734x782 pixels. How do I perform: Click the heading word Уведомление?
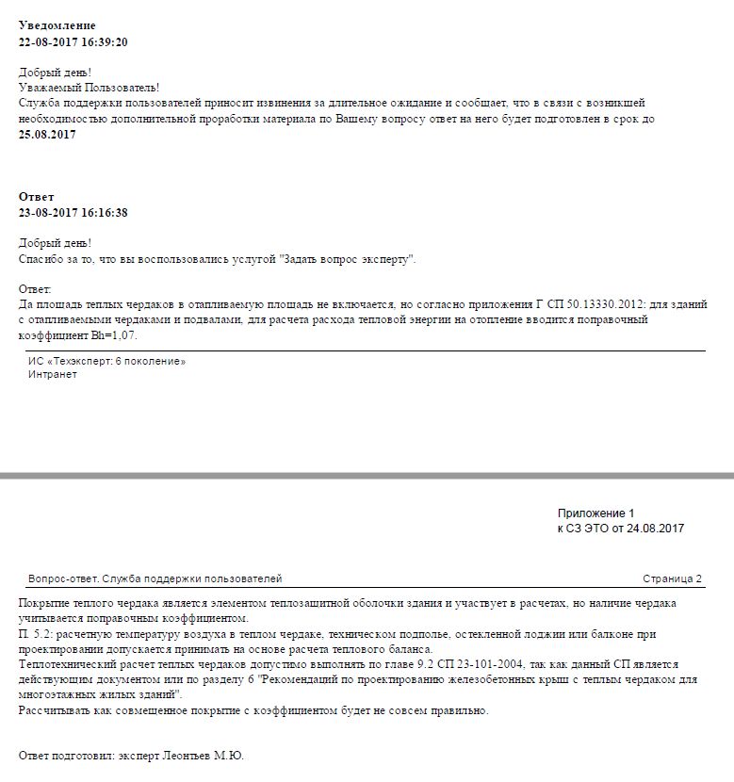[57, 25]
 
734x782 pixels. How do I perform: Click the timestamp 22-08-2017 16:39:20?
[73, 42]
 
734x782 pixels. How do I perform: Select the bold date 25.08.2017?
[47, 135]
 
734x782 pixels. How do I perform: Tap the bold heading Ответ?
[37, 197]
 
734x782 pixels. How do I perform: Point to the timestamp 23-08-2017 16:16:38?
[73, 213]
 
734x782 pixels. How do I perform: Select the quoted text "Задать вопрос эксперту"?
[349, 259]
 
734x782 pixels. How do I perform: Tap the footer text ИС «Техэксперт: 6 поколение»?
[106, 361]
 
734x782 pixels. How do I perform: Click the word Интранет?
[53, 374]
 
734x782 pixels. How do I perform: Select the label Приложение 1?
[596, 513]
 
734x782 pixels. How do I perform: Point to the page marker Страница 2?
[673, 578]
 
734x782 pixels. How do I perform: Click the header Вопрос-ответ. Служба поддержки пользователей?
[155, 578]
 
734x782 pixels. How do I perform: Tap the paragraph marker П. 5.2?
[38, 634]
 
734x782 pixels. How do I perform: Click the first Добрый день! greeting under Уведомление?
[55, 73]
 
